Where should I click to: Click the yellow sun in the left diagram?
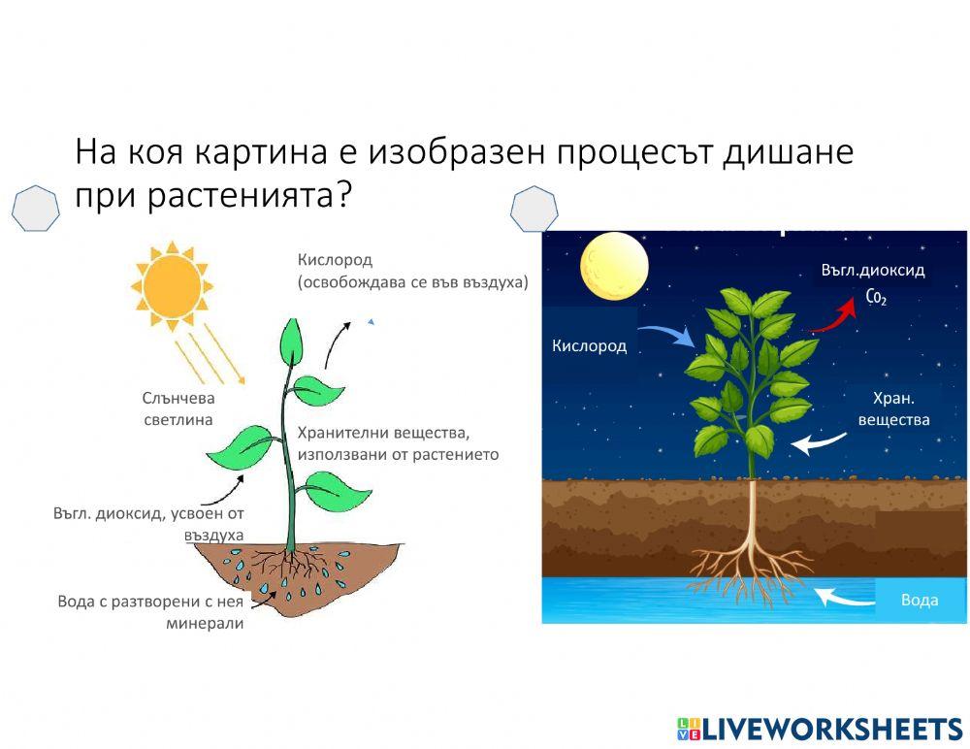click(172, 286)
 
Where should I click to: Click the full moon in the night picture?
click(614, 266)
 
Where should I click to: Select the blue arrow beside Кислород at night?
click(667, 335)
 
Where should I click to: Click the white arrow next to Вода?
click(845, 598)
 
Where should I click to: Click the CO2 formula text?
click(876, 298)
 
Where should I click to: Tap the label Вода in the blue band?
click(920, 600)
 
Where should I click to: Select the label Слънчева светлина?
click(178, 408)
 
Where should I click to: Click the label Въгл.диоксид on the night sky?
click(873, 270)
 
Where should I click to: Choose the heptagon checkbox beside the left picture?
click(36, 209)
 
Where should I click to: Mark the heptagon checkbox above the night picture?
click(533, 210)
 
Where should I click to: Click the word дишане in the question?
click(788, 152)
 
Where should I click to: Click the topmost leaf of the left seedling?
click(291, 342)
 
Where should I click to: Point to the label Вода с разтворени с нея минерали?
click(150, 612)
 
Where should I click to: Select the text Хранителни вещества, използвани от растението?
click(398, 443)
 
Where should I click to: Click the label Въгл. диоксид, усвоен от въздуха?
click(148, 524)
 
